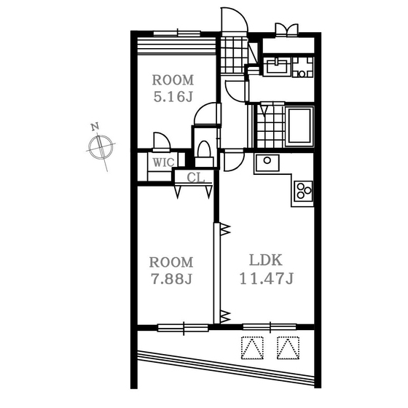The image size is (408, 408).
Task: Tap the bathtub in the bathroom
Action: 299,126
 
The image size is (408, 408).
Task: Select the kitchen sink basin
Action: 267,162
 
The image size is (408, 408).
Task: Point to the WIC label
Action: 163,162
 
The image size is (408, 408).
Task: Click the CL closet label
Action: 195,178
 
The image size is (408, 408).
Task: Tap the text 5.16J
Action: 173,97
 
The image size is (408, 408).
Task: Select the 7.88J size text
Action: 172,279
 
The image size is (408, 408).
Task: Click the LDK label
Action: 266,260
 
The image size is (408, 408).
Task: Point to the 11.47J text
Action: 267,278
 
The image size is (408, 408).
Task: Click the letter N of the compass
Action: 95,127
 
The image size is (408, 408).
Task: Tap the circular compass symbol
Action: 101,147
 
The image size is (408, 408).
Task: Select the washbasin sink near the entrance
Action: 276,66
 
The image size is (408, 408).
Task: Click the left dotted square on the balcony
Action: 252,348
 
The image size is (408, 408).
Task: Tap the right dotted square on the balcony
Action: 288,348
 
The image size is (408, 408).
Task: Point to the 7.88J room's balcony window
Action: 183,328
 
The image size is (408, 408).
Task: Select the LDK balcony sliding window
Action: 270,327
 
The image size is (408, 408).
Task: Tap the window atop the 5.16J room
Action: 177,34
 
